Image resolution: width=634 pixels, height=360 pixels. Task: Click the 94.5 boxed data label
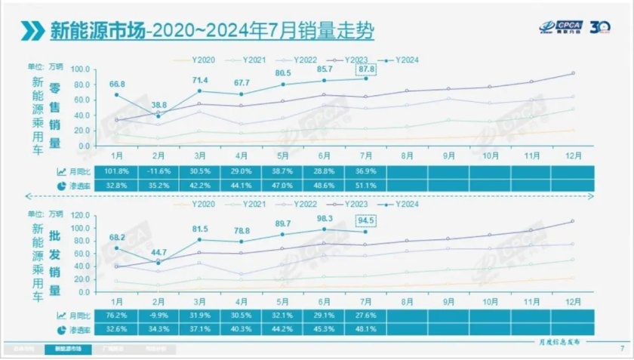pyautogui.click(x=366, y=220)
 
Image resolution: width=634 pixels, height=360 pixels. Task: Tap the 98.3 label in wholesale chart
pyautogui.click(x=324, y=217)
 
